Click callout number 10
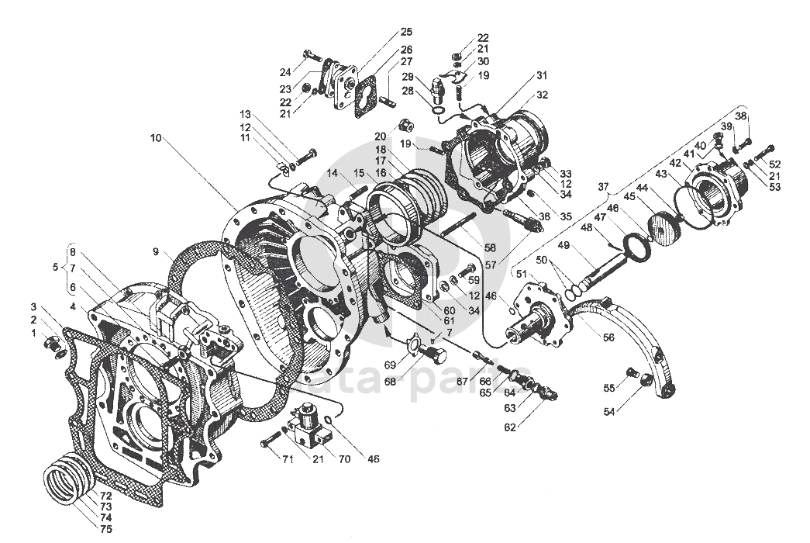coord(156,137)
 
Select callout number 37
coord(602,186)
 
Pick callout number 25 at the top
coord(406,32)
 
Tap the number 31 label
coord(541,75)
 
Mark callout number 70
coord(344,458)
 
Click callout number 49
coord(564,246)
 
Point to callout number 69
coord(391,364)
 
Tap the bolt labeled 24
coord(312,55)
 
